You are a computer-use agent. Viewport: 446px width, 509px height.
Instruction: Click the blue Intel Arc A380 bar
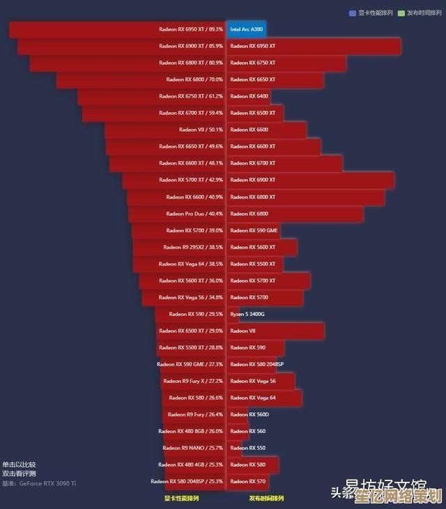pos(246,29)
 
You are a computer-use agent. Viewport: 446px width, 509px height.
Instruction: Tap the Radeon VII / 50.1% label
pos(201,130)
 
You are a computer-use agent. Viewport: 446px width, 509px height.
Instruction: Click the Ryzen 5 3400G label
pos(247,314)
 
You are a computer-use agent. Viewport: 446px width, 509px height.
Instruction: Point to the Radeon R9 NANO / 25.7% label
pos(192,448)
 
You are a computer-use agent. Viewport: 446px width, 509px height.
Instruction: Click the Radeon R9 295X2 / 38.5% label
pos(193,248)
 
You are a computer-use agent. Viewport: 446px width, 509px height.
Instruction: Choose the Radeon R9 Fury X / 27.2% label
pos(192,381)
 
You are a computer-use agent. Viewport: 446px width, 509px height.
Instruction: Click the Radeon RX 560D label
pos(249,415)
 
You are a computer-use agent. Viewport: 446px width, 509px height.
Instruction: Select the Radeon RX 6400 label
pos(249,96)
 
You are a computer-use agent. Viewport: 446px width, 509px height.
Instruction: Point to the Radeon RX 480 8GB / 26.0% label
pos(190,432)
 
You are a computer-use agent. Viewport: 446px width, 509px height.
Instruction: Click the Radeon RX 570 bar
pos(248,481)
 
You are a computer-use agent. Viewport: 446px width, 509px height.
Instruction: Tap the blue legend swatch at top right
pos(353,13)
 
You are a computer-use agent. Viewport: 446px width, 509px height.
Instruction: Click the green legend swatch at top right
pos(401,13)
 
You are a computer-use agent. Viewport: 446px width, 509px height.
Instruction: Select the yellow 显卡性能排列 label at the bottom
pos(181,499)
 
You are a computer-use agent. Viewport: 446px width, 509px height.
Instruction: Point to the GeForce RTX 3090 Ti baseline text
pos(47,483)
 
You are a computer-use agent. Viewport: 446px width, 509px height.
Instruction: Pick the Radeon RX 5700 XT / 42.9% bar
pos(174,181)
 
